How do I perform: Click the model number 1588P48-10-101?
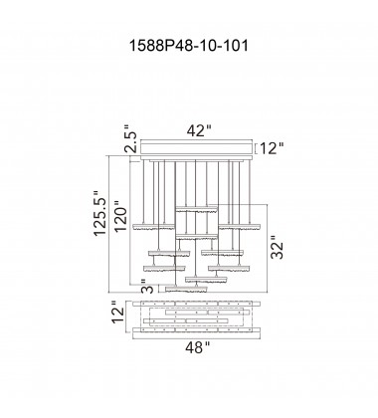(x=188, y=46)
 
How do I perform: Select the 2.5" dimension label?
(x=130, y=138)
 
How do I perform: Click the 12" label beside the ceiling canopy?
(x=272, y=148)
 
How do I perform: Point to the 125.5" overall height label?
(x=100, y=213)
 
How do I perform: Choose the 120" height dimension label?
(x=121, y=216)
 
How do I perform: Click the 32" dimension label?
(x=278, y=247)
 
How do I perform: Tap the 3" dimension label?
(x=148, y=286)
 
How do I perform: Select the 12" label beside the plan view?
(x=118, y=312)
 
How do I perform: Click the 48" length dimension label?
(x=198, y=347)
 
